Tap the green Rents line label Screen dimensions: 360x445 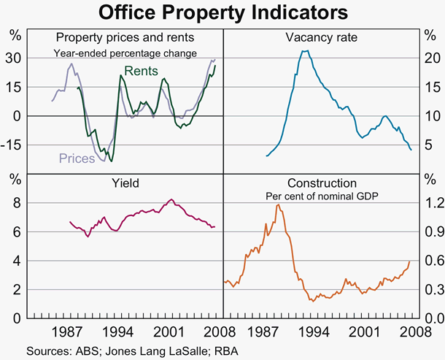tap(139, 71)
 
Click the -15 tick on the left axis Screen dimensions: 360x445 tap(14, 145)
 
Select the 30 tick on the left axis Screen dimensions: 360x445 tap(14, 58)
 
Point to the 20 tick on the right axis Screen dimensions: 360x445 tap(430, 58)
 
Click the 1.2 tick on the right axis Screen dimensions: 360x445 tap(430, 203)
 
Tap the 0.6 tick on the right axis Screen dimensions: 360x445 tap(430, 261)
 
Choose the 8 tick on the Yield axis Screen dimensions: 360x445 tap(14, 203)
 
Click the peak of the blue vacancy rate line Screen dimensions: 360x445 tap(305, 51)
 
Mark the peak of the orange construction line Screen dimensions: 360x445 tap(278, 204)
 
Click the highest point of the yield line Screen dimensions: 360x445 tap(171, 199)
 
